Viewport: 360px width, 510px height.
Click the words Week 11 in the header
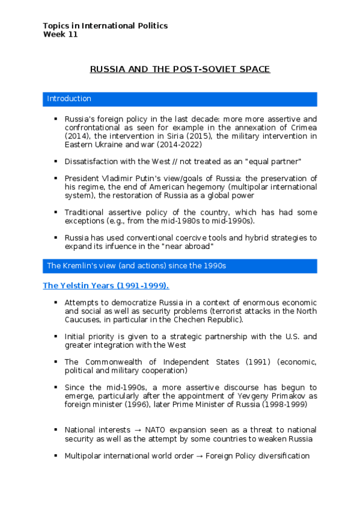[x=60, y=34]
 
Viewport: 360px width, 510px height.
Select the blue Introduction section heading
[x=69, y=99]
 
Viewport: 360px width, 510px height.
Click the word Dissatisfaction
[x=91, y=162]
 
